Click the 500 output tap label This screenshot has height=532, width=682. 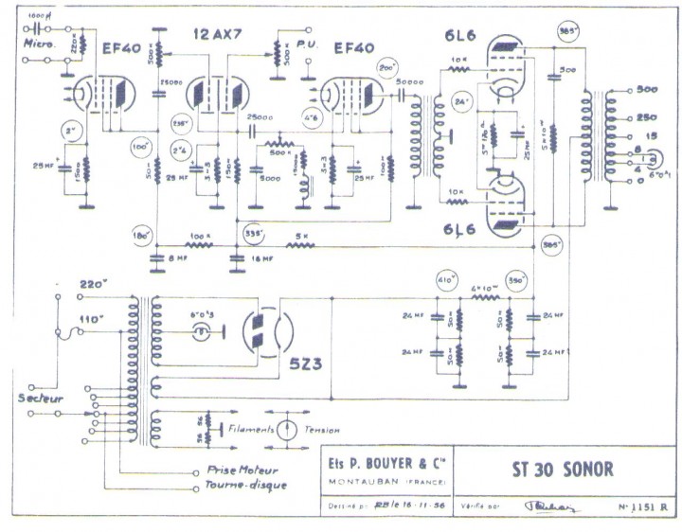(x=647, y=91)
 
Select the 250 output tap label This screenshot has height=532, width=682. (x=647, y=117)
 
